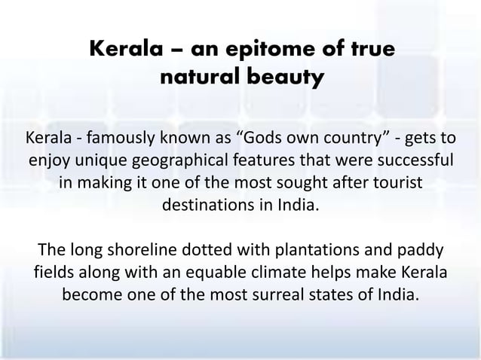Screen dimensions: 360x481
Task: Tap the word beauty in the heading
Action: tap(287, 78)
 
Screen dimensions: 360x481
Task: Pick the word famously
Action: tap(121, 139)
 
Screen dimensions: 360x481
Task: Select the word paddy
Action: tap(421, 249)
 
